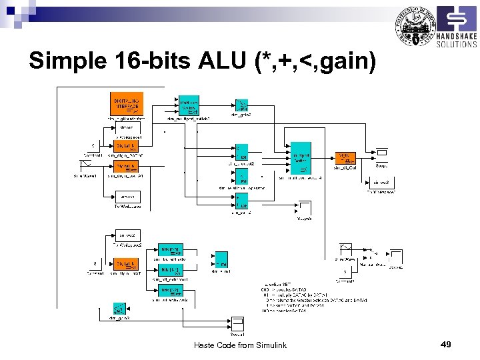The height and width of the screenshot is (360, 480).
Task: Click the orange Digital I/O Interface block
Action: click(x=126, y=103)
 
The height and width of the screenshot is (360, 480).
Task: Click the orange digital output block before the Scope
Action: click(x=346, y=158)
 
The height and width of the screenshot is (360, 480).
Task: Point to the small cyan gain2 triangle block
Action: click(x=241, y=105)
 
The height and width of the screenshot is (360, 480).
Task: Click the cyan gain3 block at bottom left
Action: click(x=119, y=309)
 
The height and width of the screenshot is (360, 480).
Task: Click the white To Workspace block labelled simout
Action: click(x=126, y=127)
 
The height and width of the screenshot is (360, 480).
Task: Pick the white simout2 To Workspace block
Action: click(x=127, y=236)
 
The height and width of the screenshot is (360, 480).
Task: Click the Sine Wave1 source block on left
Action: click(x=85, y=167)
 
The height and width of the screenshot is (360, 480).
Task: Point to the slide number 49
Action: click(x=446, y=344)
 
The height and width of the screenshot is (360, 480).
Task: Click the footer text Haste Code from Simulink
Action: click(x=240, y=345)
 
